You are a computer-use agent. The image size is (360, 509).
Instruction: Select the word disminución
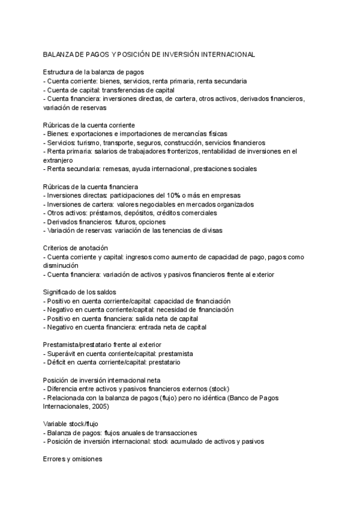point(61,265)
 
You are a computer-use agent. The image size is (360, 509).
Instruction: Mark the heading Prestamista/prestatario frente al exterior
point(102,345)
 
